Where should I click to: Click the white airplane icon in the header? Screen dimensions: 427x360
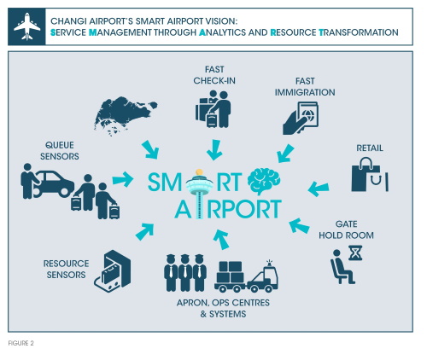pyautogui.click(x=27, y=26)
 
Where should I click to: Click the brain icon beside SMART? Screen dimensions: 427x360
pyautogui.click(x=264, y=181)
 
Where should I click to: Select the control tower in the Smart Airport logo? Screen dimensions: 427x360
pyautogui.click(x=199, y=194)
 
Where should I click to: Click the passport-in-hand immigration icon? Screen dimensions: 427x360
pyautogui.click(x=301, y=118)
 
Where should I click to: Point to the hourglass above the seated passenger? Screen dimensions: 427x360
pyautogui.click(x=355, y=253)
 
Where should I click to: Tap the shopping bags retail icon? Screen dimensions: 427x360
pyautogui.click(x=370, y=175)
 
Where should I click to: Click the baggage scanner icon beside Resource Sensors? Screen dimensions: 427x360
pyautogui.click(x=113, y=270)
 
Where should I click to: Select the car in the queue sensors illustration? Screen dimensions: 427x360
pyautogui.click(x=54, y=184)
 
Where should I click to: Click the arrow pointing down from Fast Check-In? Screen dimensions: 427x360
pyautogui.click(x=214, y=149)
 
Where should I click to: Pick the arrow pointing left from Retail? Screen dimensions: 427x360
pyautogui.click(x=319, y=189)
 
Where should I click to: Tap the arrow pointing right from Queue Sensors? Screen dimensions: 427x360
pyautogui.click(x=123, y=179)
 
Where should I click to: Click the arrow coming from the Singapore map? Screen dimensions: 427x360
pyautogui.click(x=150, y=149)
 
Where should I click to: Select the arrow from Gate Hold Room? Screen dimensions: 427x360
pyautogui.click(x=299, y=226)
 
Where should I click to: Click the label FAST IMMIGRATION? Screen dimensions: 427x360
pyautogui.click(x=305, y=87)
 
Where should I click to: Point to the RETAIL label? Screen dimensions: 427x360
pyautogui.click(x=370, y=148)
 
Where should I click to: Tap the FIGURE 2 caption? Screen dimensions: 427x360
pyautogui.click(x=21, y=343)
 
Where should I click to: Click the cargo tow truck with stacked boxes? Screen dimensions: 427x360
pyautogui.click(x=246, y=276)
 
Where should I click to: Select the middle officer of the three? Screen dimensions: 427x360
pyautogui.click(x=185, y=273)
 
